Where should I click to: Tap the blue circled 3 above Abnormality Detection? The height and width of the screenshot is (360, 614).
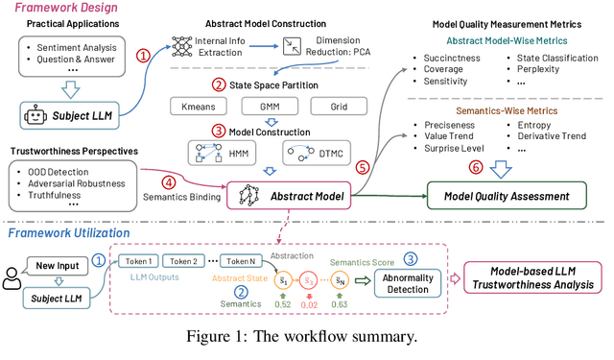click(x=410, y=259)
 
